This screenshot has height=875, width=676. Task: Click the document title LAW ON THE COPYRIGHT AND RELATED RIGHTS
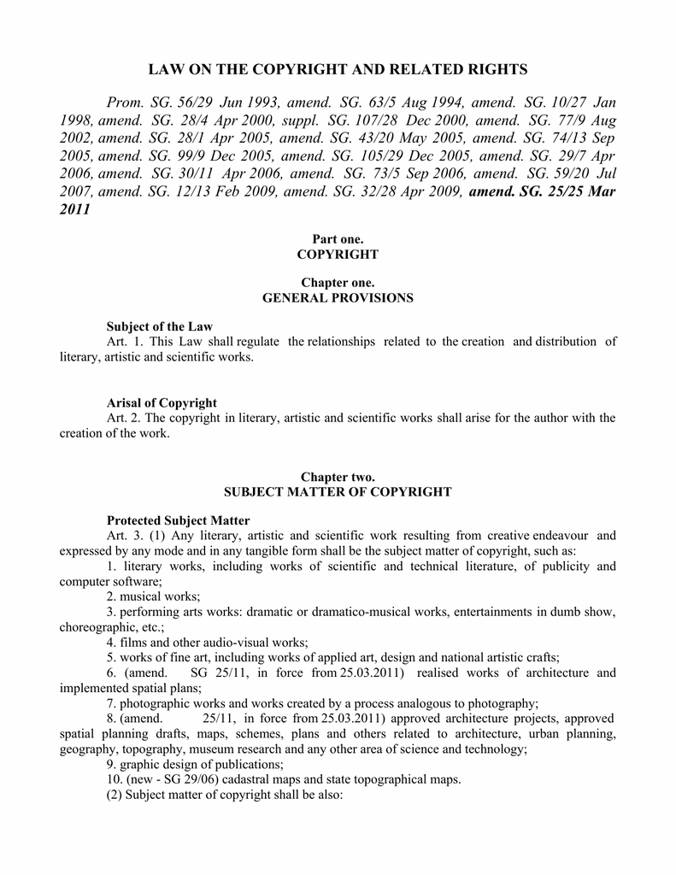(338, 69)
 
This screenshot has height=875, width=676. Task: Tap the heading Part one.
(338, 239)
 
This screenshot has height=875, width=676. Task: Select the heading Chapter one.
(338, 283)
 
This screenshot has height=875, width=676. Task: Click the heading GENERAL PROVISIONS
(338, 298)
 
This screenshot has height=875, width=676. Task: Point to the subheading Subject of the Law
(159, 326)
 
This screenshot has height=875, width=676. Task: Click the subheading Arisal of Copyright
(162, 402)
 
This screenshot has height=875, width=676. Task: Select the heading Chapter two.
(338, 477)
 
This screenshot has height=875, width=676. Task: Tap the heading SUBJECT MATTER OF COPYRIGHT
(338, 492)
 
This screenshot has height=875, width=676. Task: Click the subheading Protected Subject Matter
(178, 520)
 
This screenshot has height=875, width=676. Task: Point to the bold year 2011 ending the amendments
(75, 209)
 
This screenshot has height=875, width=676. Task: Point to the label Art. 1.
(121, 342)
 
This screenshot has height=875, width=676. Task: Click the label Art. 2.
(121, 418)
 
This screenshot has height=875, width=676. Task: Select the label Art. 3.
(121, 536)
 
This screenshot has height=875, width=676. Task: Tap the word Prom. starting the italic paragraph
(126, 102)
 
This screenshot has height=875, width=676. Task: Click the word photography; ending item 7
(504, 703)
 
